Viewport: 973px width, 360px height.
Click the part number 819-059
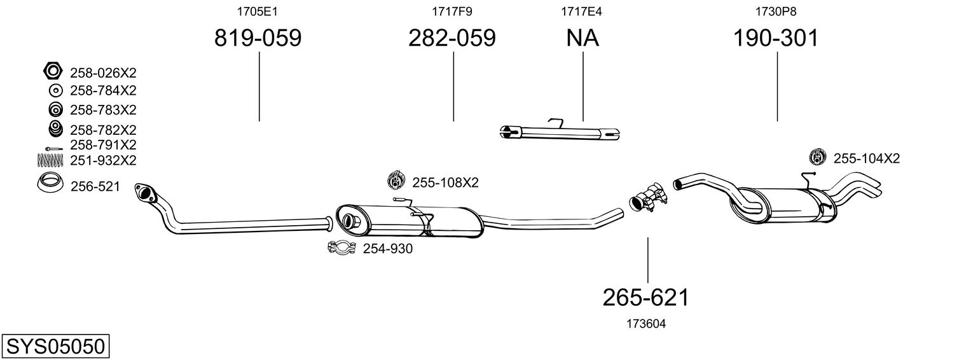pos(258,38)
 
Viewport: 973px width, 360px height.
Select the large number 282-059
pos(452,38)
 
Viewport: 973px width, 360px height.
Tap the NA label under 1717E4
pos(583,38)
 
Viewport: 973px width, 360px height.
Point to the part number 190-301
pos(776,38)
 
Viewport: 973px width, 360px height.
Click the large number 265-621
pos(646,298)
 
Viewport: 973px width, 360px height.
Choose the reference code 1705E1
pos(257,11)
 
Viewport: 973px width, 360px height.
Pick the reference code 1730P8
pos(776,11)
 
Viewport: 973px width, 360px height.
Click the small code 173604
pos(646,324)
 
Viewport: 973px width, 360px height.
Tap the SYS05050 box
pos(55,347)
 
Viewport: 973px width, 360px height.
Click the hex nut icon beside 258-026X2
pos(53,71)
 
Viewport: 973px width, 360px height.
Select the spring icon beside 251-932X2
pos(50,160)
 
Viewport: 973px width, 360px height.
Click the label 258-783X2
pos(103,110)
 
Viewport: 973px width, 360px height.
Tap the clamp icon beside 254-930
pos(342,248)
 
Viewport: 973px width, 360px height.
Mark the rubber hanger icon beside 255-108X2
pos(396,180)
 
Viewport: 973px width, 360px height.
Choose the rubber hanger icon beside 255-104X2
pos(818,156)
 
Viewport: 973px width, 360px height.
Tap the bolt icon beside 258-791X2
pos(54,149)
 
